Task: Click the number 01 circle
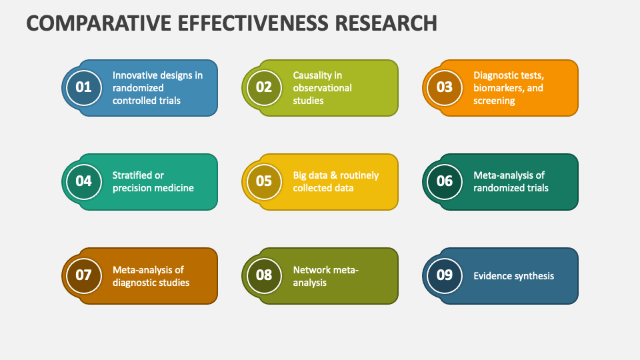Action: (83, 87)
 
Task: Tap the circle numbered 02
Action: (264, 87)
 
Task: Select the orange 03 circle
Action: (445, 87)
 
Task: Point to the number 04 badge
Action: (83, 181)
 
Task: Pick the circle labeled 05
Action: (264, 181)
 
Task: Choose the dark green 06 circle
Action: (445, 181)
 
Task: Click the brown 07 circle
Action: (83, 275)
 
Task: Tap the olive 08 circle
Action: (264, 275)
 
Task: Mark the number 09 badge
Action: (445, 275)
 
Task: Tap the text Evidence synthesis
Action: (513, 276)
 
